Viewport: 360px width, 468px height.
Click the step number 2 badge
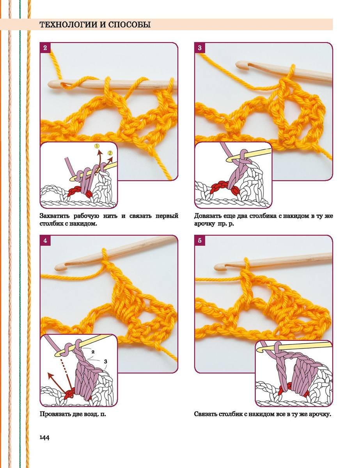tap(45, 48)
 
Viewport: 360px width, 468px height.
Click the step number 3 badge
tap(200, 48)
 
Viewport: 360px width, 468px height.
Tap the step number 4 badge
tap(45, 240)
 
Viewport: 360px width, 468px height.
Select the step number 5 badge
tap(200, 240)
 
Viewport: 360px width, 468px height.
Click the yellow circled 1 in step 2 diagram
tap(97, 146)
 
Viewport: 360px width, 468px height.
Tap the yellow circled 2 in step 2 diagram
tap(110, 153)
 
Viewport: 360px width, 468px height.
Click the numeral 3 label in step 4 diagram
tap(105, 362)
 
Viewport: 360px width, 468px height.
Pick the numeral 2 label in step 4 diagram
tap(93, 352)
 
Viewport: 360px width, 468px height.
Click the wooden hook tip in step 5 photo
tap(216, 268)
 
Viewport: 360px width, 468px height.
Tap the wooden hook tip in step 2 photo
tap(50, 84)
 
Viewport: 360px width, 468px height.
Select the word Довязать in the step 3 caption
tap(208, 216)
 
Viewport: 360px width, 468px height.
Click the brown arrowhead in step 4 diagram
tap(51, 376)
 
